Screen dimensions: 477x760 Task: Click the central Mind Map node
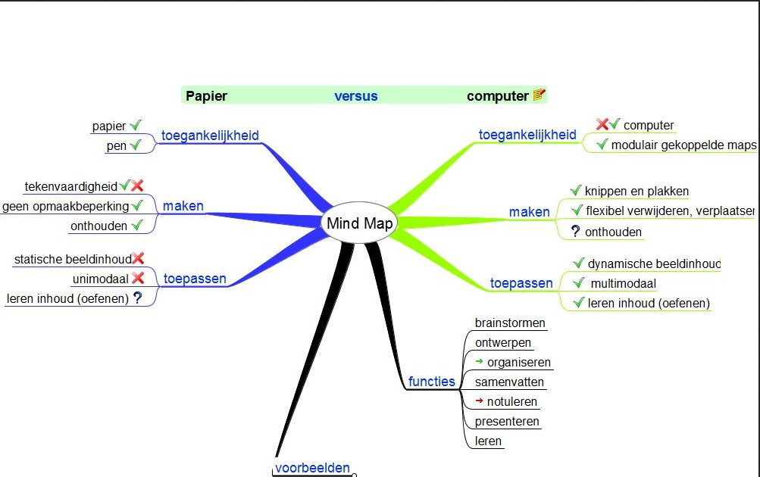[x=359, y=223]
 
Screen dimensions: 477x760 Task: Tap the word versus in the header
[x=355, y=96]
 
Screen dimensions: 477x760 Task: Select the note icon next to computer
[x=539, y=95]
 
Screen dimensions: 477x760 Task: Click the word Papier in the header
[x=207, y=96]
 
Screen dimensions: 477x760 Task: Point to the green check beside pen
[x=136, y=145]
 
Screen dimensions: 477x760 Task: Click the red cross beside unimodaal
[x=138, y=279]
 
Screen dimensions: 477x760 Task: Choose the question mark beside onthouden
[x=575, y=232]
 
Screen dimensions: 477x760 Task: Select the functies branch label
[x=431, y=382]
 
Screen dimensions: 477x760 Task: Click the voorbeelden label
[x=312, y=468]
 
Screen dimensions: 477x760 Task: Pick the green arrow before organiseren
[x=479, y=362]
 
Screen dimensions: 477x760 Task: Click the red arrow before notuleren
[x=479, y=401]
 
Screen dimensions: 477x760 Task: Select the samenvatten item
[x=509, y=382]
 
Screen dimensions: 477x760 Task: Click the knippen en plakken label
[x=636, y=192]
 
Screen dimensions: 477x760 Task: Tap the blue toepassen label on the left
[x=195, y=279]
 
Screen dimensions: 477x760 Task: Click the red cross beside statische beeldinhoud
[x=138, y=260]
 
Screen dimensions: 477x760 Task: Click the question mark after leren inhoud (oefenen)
[x=137, y=298]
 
